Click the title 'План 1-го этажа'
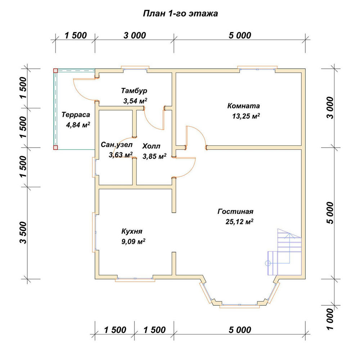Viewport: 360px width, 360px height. click(180, 14)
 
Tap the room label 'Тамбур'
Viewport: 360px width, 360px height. click(134, 91)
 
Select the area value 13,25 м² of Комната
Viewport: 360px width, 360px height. click(246, 116)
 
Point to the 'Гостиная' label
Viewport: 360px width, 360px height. click(235, 211)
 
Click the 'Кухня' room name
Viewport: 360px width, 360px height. click(132, 231)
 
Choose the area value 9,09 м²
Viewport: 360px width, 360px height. click(133, 241)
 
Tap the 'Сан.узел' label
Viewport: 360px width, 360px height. click(117, 145)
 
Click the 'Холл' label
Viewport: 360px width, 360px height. click(151, 146)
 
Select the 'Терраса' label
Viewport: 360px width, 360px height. click(76, 114)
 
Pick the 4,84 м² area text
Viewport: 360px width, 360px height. click(78, 125)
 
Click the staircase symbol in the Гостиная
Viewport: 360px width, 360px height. click(285, 252)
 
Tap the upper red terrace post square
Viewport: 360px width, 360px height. click(55, 71)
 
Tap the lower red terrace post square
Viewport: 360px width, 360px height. click(55, 147)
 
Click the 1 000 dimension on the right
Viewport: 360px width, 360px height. click(330, 319)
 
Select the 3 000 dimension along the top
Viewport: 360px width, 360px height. click(135, 36)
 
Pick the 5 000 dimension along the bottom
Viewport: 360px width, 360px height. click(240, 330)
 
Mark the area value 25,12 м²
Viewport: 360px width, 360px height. click(239, 221)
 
